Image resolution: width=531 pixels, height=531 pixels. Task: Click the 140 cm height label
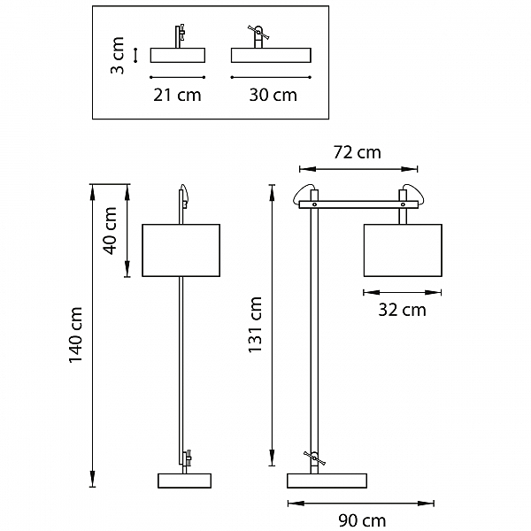point(76,335)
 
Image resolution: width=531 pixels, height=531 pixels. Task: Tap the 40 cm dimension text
point(111,231)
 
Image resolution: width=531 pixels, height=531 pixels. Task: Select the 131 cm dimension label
point(255,325)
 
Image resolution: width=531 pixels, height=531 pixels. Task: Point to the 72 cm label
point(358,152)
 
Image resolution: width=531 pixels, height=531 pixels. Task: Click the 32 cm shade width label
point(402,310)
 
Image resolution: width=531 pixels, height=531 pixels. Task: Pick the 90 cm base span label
point(362,520)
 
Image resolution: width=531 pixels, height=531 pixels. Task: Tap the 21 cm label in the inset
point(177,95)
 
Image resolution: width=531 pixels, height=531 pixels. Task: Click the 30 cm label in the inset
point(273,95)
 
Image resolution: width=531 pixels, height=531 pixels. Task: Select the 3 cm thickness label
point(118,55)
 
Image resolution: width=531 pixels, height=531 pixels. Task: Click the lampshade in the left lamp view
point(181,250)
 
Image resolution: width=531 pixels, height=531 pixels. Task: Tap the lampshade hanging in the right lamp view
point(403,250)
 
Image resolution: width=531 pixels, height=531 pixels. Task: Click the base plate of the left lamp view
point(185,481)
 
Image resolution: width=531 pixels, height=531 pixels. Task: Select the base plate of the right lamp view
point(327,481)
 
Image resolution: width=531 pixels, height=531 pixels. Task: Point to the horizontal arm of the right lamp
point(358,204)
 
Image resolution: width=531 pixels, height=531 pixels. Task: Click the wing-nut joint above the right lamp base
point(314,458)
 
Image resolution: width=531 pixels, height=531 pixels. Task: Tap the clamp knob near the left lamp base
point(188,458)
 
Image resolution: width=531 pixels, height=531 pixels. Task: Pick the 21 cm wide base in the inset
point(178,55)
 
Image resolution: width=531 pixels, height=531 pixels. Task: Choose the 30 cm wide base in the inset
point(271,55)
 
